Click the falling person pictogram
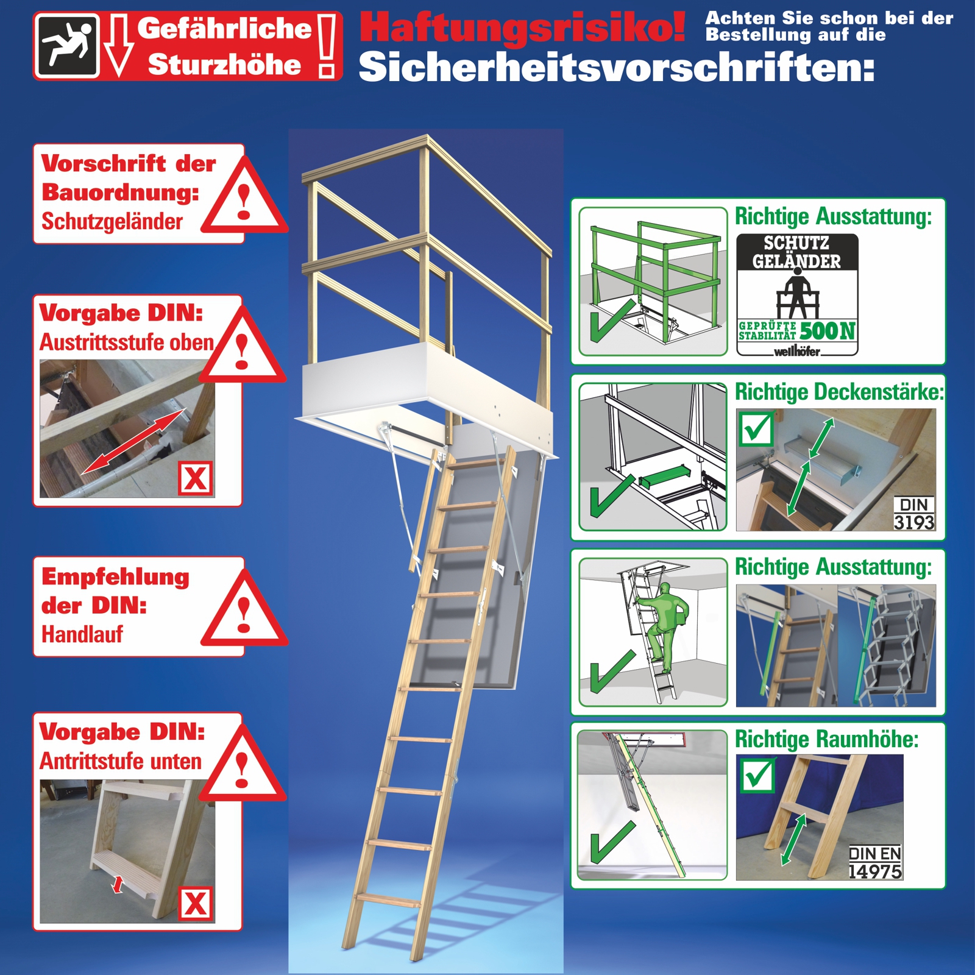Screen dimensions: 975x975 67,45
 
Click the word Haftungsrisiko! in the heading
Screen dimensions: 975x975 523,28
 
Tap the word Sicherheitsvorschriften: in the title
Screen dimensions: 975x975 617,66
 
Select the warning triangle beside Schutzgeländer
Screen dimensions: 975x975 244,196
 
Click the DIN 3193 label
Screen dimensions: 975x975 914,514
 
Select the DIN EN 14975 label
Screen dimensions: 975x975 875,862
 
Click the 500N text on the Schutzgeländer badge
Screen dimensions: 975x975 828,331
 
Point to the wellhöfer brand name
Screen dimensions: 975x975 796,351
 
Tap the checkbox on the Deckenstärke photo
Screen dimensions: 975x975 756,429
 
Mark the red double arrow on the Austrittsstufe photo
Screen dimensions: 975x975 133,441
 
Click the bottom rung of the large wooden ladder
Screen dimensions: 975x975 388,899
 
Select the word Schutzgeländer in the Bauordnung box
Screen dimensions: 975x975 112,222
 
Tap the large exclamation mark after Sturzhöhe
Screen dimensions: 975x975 327,47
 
